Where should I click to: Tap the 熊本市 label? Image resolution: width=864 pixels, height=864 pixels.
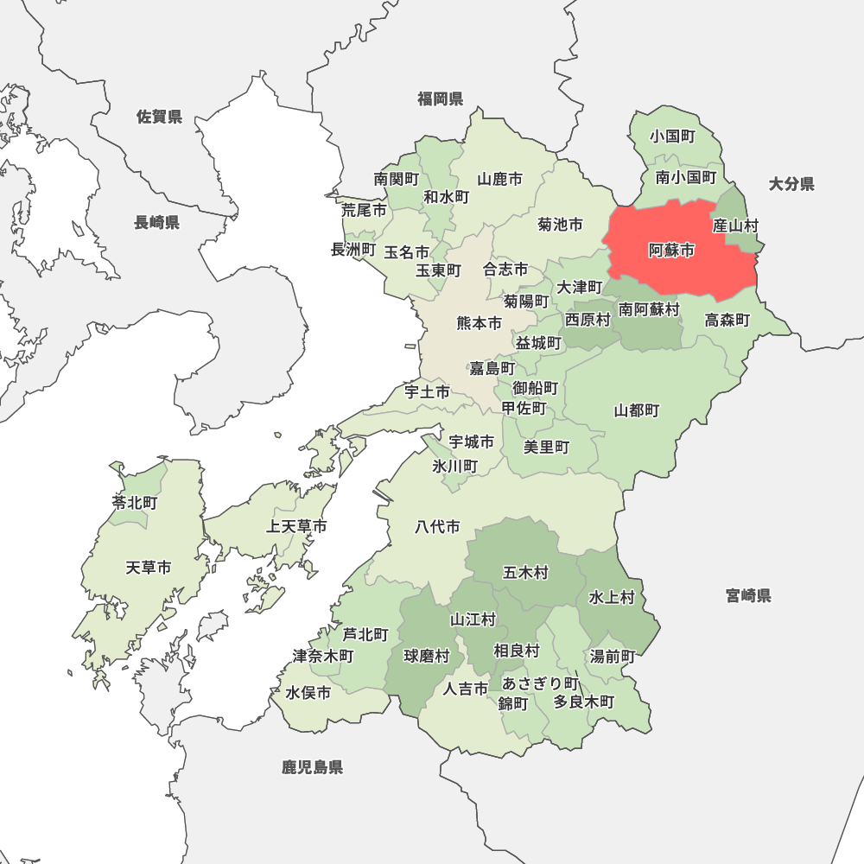[x=479, y=324]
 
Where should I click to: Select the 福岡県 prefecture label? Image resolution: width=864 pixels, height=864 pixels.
[x=440, y=98]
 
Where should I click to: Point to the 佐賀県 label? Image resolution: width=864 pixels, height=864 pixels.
[x=159, y=117]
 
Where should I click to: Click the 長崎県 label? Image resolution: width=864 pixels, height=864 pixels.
[x=156, y=223]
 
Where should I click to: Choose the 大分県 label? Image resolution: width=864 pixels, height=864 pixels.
[x=791, y=183]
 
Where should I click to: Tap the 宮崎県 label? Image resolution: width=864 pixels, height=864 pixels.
[x=748, y=595]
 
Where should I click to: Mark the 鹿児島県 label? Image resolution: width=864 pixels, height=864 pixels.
[x=312, y=767]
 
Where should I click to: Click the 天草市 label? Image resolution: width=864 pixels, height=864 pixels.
[x=148, y=568]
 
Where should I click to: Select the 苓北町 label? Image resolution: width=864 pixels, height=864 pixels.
[x=134, y=502]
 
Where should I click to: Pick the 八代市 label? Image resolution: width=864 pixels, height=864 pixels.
[x=437, y=526]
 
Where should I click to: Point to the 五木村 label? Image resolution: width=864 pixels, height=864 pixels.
[x=525, y=572]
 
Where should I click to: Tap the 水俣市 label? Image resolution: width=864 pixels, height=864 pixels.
[x=308, y=693]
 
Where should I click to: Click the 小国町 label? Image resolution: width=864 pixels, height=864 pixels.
[x=673, y=136]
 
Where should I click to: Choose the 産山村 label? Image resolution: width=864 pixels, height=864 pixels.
[x=735, y=226]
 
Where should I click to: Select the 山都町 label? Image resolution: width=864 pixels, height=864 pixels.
[x=637, y=410]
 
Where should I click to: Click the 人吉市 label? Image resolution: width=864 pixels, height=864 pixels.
[x=466, y=689]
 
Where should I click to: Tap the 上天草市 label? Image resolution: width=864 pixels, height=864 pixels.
[x=296, y=526]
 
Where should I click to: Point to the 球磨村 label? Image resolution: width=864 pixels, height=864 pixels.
[x=427, y=656]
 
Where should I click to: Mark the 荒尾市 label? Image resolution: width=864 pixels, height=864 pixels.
[x=363, y=210]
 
